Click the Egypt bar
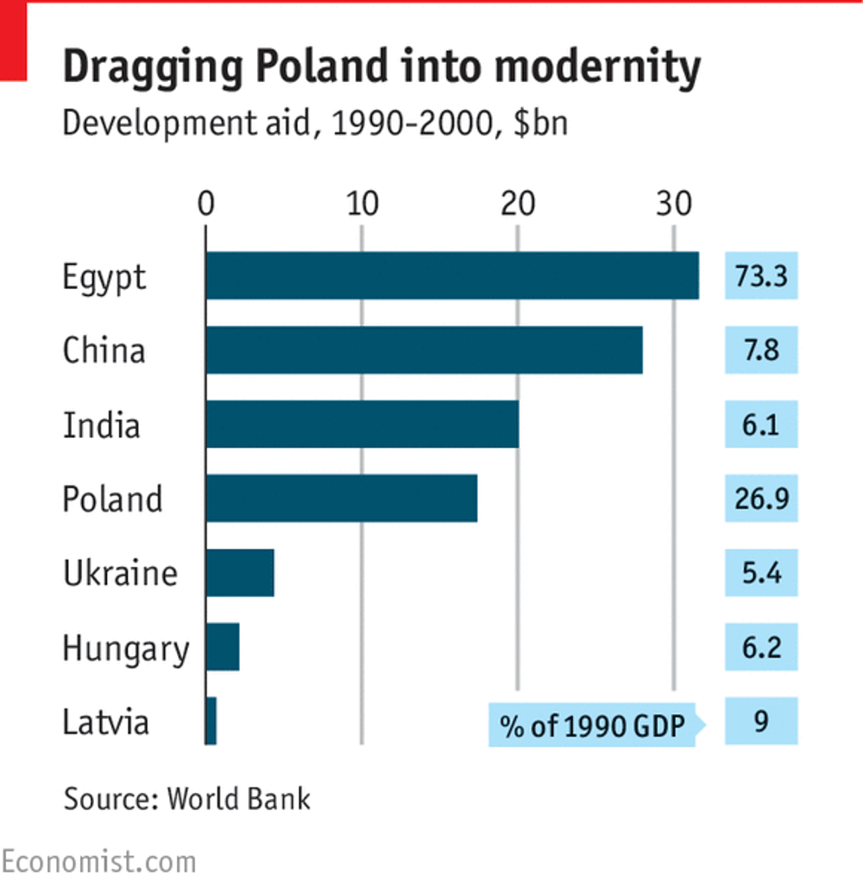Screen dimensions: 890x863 click(x=452, y=275)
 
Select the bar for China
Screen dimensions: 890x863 click(x=424, y=350)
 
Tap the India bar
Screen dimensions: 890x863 click(x=362, y=424)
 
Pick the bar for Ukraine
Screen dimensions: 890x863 click(x=240, y=572)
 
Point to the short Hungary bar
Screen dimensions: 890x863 click(x=223, y=647)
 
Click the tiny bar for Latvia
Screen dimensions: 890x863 click(x=211, y=721)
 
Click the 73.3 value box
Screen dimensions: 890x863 click(x=760, y=275)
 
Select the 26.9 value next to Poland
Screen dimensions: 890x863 click(x=760, y=498)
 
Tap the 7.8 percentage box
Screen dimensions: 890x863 click(x=760, y=350)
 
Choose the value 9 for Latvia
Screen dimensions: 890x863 click(x=760, y=721)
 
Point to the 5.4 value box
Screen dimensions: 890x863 click(x=760, y=572)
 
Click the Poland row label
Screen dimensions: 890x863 click(x=112, y=499)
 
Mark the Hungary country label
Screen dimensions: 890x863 click(x=125, y=648)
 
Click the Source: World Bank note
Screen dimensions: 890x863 click(x=186, y=798)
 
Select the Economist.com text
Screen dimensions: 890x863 click(x=98, y=861)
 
